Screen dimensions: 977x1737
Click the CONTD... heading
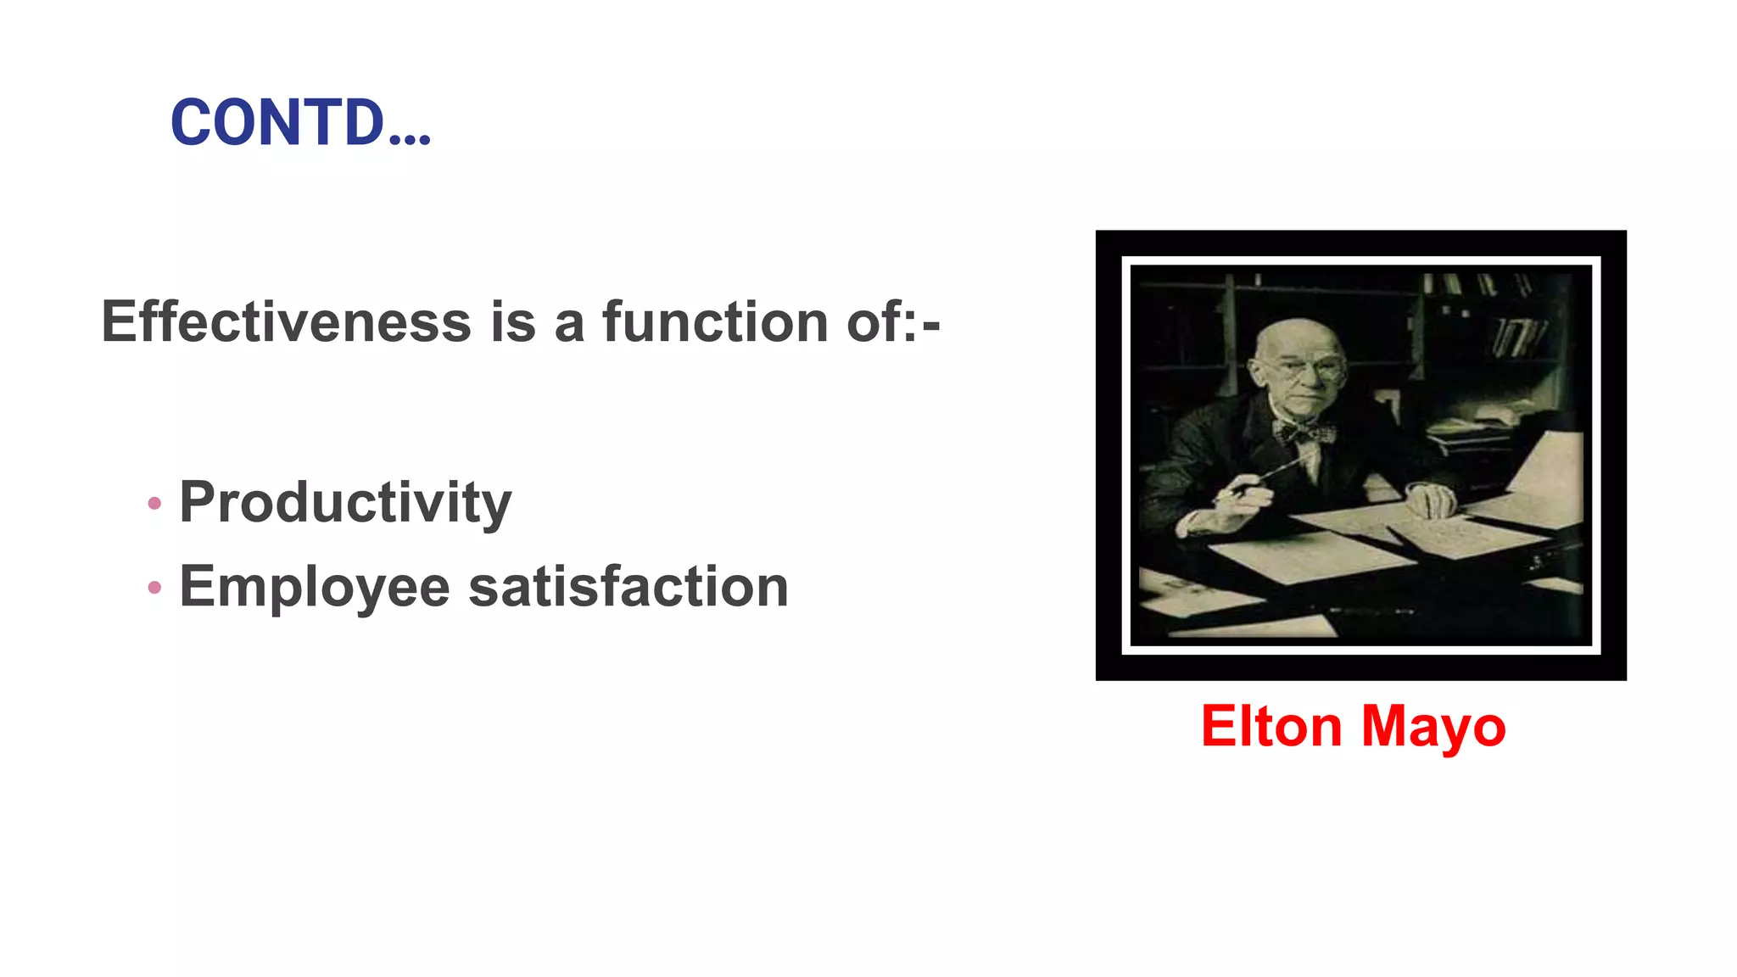300,122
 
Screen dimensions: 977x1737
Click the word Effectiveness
286,322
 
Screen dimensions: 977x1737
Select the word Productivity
345,502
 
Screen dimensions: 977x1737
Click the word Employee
314,587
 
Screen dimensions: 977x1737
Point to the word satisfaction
628,587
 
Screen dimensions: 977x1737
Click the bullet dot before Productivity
154,504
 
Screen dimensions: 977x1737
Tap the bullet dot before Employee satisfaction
154,588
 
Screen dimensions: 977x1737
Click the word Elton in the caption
1270,727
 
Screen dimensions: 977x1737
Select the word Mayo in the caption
1433,727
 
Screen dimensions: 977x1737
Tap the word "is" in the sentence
513,322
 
